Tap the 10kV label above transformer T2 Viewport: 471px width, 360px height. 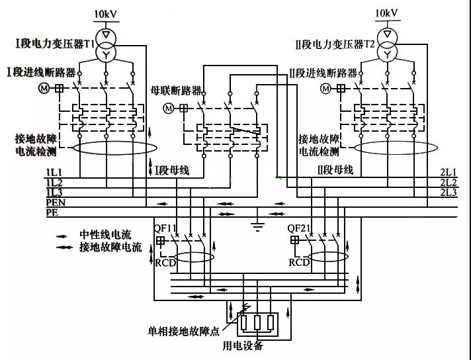coord(388,13)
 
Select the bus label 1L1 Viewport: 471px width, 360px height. coord(54,173)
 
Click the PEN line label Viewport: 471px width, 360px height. coord(56,202)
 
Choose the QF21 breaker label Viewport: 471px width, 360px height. coord(300,228)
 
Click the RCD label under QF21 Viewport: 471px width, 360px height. coord(299,262)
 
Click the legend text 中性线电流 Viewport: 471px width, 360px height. coord(106,234)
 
